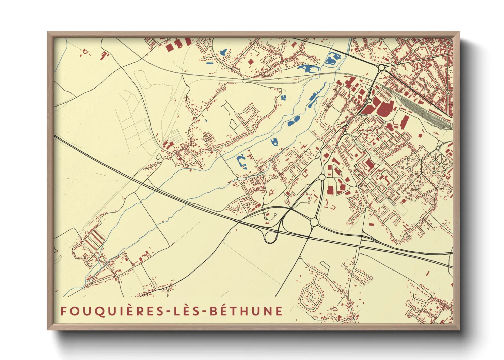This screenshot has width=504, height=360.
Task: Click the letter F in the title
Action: tap(64, 311)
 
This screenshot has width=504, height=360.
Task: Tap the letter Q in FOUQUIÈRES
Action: tap(92, 311)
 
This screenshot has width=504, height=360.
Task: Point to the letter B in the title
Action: tap(212, 311)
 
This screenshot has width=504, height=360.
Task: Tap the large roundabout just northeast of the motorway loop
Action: tap(314, 222)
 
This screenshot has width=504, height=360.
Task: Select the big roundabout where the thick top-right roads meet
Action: tap(381, 68)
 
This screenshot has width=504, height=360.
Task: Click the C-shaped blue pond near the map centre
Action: tap(241, 161)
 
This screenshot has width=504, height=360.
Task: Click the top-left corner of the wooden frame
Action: tap(48, 33)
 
